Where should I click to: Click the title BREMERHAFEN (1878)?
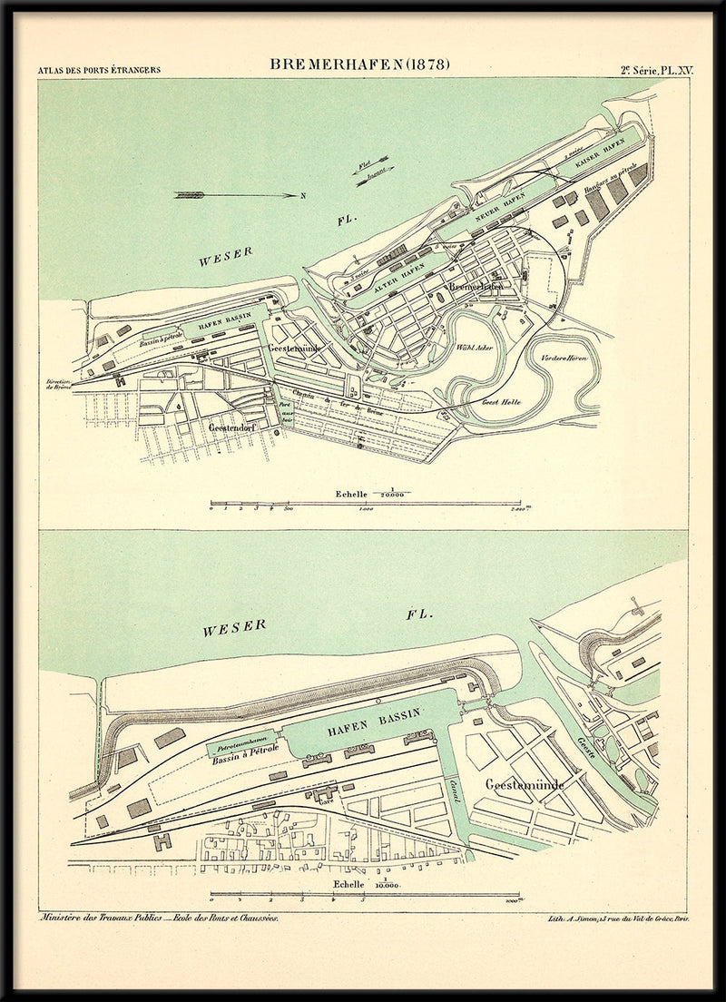(x=359, y=64)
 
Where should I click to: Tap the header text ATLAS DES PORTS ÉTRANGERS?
(x=99, y=70)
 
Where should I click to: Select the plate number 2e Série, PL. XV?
(x=656, y=69)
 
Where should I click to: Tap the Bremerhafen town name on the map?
(x=476, y=286)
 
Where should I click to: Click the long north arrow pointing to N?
(x=240, y=194)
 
